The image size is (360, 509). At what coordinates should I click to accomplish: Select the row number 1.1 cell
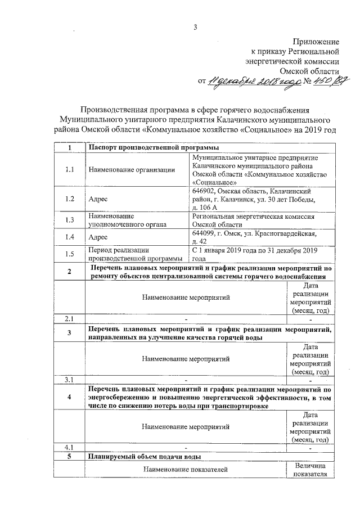pyautogui.click(x=70, y=170)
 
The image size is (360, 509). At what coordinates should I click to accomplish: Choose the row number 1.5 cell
pyautogui.click(x=70, y=254)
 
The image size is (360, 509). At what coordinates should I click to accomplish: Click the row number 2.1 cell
pyautogui.click(x=70, y=319)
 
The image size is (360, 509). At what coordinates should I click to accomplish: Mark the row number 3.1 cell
pyautogui.click(x=70, y=380)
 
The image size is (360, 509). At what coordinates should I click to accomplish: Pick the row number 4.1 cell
pyautogui.click(x=70, y=447)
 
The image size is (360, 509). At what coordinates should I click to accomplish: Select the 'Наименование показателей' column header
pyautogui.click(x=185, y=469)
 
